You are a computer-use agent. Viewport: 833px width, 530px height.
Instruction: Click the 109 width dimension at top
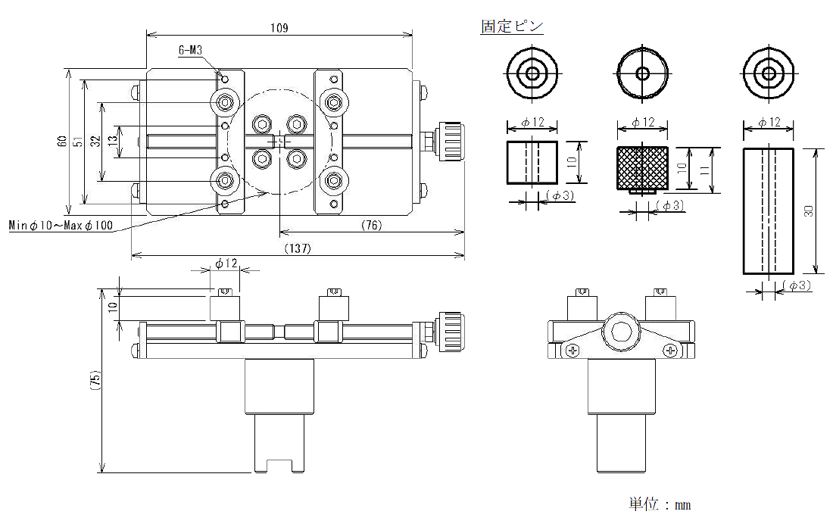point(279,28)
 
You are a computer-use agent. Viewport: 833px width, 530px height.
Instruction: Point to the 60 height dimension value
point(61,142)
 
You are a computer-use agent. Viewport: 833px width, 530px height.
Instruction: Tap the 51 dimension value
point(77,142)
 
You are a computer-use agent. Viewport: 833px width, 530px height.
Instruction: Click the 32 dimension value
point(95,142)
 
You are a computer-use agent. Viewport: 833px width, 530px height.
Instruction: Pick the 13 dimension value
point(112,142)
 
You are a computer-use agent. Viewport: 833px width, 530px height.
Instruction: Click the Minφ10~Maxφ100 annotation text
point(61,226)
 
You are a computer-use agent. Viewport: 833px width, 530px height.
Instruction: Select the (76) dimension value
point(371,225)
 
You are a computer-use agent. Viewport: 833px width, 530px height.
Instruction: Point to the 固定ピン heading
point(512,26)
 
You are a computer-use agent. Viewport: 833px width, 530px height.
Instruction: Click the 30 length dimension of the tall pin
point(809,212)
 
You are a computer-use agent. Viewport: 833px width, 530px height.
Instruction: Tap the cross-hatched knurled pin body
point(642,167)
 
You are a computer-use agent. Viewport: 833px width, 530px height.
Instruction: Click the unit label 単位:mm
point(660,504)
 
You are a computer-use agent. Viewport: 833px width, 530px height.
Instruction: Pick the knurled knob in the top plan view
point(451,141)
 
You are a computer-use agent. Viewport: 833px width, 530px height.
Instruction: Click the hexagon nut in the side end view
point(621,333)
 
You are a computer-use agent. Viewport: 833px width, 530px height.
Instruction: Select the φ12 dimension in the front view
point(226,263)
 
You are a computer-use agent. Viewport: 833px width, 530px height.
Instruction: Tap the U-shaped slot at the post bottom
point(279,464)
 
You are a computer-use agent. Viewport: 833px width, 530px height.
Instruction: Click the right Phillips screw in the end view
point(670,350)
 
